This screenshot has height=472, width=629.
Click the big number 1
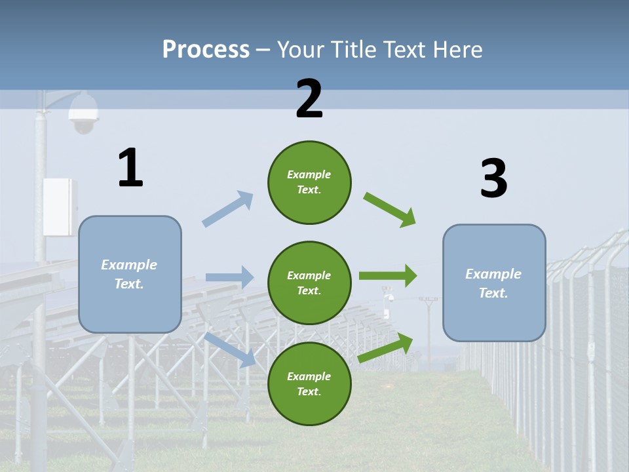pyautogui.click(x=130, y=168)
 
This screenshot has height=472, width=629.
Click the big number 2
pyautogui.click(x=309, y=99)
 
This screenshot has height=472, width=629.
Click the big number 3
pyautogui.click(x=493, y=179)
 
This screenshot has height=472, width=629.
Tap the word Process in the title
pyautogui.click(x=206, y=49)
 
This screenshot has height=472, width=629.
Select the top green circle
pyautogui.click(x=309, y=182)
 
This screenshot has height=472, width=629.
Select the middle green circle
pyautogui.click(x=309, y=283)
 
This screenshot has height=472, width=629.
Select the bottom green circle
pyautogui.click(x=309, y=383)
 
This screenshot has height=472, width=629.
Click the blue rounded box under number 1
pyautogui.click(x=130, y=274)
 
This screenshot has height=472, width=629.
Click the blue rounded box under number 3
pyautogui.click(x=493, y=283)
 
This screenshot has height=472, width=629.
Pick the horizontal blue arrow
pyautogui.click(x=230, y=277)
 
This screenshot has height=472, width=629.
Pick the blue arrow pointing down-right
pyautogui.click(x=231, y=349)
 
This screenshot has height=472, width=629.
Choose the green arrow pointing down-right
pyautogui.click(x=391, y=210)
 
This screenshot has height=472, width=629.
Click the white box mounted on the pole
pyautogui.click(x=59, y=206)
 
